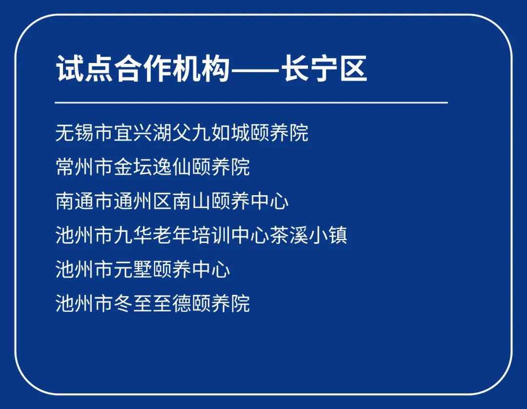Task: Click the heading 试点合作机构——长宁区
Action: coord(211,69)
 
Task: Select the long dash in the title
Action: coord(255,70)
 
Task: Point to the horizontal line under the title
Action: coord(251,102)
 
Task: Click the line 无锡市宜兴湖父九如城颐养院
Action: coord(182,133)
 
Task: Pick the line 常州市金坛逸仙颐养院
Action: coord(153,167)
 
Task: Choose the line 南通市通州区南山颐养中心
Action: coord(172,201)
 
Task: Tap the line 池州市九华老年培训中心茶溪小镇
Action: coord(202,235)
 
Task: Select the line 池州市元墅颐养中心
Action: coord(143,269)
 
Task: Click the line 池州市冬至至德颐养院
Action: coord(153,303)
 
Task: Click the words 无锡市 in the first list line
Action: coord(84,133)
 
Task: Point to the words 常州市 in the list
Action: coord(84,167)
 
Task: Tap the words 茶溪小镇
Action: coord(308,235)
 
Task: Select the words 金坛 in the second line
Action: coord(133,167)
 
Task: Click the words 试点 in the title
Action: coord(84,69)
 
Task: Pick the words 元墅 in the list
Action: coord(133,269)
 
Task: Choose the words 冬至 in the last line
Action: coord(133,303)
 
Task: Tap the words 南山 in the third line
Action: coord(192,201)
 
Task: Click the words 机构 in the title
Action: coord(202,69)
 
